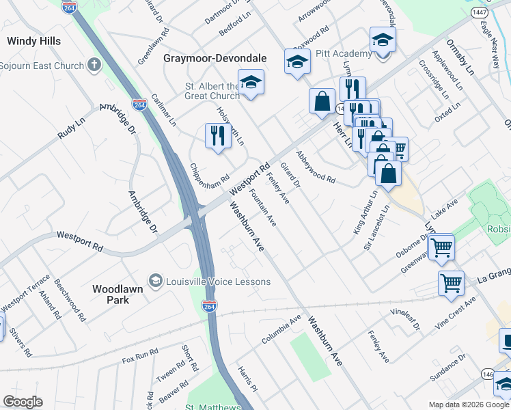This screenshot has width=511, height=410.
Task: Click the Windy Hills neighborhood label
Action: (33, 41)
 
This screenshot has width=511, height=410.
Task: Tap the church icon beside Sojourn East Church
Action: (94, 66)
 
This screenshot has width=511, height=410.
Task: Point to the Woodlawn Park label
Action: (118, 295)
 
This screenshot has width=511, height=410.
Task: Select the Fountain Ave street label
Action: (262, 208)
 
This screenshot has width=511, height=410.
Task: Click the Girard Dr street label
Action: (292, 175)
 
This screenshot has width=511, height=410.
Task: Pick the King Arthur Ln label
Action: (365, 213)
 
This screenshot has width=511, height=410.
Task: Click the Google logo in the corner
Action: (23, 402)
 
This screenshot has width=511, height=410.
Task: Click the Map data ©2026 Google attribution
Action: (469, 405)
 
